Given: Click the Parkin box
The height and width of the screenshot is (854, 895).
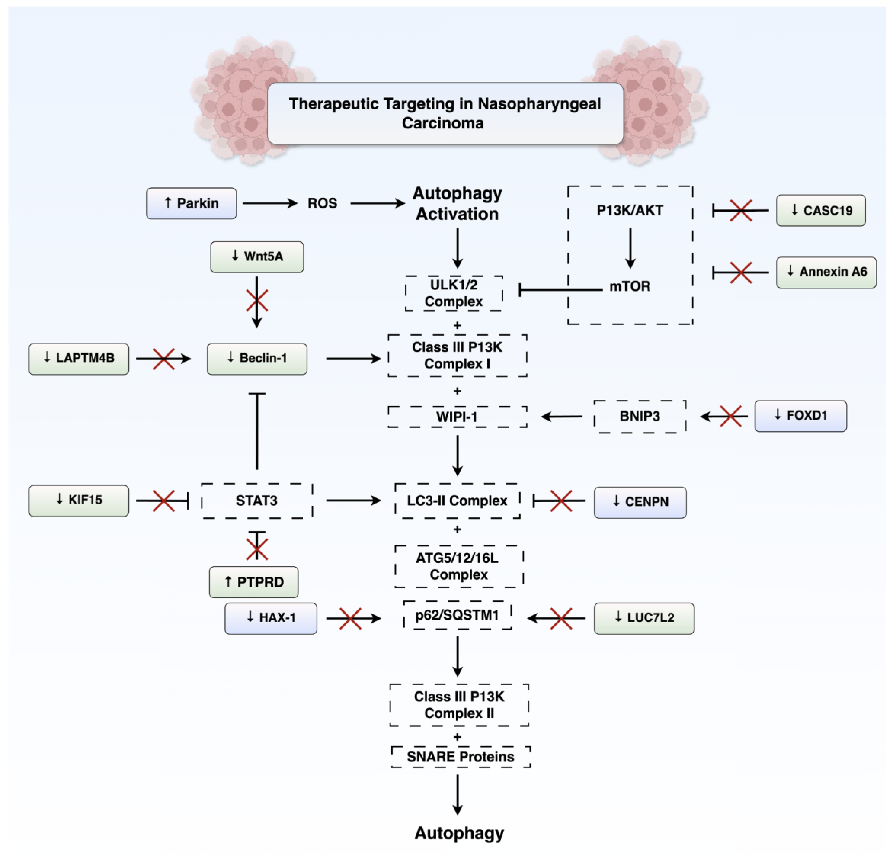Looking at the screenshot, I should click(191, 203).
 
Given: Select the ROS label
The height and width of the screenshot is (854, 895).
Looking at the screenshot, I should click(322, 203).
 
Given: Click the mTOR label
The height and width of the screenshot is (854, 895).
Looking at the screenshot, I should click(630, 286).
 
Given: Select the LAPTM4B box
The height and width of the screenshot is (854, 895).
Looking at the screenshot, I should click(79, 359).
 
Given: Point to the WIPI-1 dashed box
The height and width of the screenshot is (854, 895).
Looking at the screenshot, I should click(457, 416).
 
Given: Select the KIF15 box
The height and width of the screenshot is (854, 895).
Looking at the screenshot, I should click(79, 500).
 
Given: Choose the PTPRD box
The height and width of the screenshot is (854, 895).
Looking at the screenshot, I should click(254, 582).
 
